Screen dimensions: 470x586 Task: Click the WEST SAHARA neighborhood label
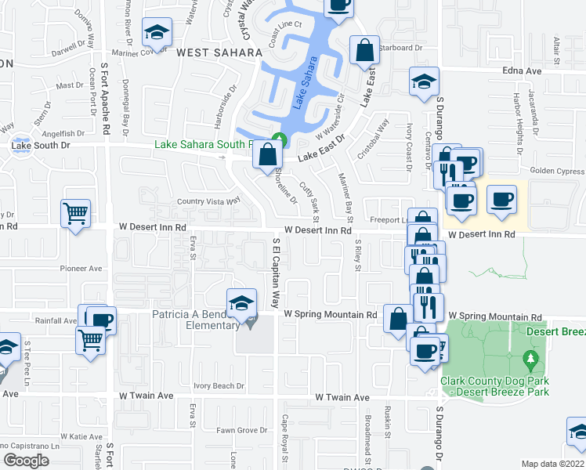pos(219,52)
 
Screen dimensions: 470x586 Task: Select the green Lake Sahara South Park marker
pos(284,141)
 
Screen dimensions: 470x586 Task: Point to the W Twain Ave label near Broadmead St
pos(342,398)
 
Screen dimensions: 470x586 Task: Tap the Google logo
pos(26,460)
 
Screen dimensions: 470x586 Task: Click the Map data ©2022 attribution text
pos(553,464)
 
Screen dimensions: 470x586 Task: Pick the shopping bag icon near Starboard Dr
pos(364,52)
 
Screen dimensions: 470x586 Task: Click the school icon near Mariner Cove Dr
pos(156,33)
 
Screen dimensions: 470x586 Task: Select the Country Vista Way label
pos(206,201)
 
